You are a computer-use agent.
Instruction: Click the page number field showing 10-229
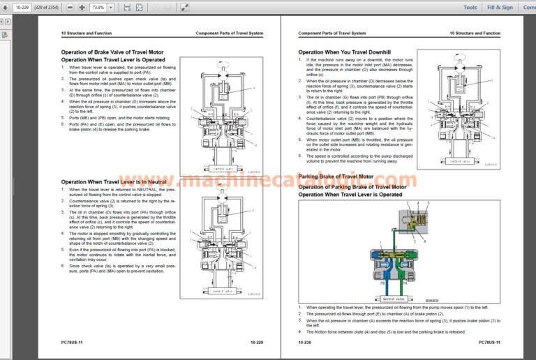pos(23,7)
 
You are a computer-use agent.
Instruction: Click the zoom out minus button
pos(70,7)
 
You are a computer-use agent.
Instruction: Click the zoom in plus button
pos(82,7)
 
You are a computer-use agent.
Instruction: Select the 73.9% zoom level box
pos(98,7)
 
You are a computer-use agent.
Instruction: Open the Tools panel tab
pos(470,7)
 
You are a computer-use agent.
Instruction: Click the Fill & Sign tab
pos(500,7)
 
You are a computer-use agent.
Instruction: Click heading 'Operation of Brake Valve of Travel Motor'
pos(112,52)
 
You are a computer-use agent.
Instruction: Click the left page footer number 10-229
pos(256,343)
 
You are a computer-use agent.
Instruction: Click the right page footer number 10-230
pos(305,343)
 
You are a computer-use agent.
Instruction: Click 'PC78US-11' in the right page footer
pos(489,343)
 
